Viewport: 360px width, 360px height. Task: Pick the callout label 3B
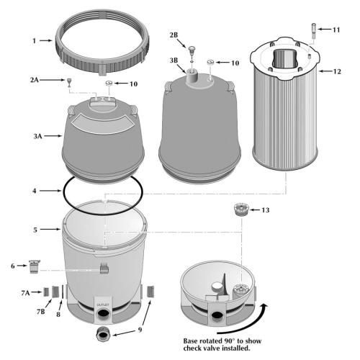(173, 60)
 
